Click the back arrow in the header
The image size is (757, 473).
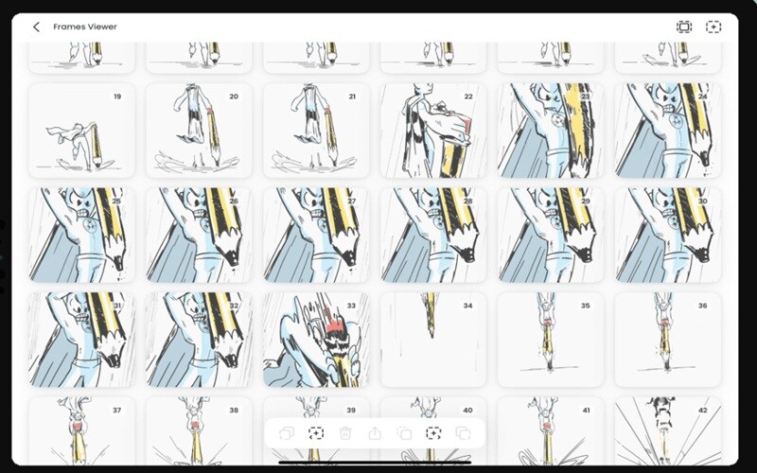point(36,26)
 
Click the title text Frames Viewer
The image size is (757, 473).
point(85,26)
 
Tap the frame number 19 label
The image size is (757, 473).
point(117,96)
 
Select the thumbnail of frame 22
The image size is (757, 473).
point(433,131)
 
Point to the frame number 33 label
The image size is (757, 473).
point(351,306)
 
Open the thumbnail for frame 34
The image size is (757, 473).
point(433,340)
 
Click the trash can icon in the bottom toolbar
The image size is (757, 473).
point(345,433)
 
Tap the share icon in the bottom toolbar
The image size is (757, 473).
point(375,433)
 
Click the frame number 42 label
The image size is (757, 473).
point(702,411)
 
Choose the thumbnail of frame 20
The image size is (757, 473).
point(199,131)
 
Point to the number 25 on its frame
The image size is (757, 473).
point(116,201)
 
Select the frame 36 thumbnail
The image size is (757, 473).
point(668,340)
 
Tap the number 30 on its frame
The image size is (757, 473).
point(702,201)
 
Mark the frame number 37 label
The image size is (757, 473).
point(116,411)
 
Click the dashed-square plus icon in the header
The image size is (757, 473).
point(713,27)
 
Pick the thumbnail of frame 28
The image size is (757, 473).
point(433,235)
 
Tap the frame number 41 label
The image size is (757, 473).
point(586,411)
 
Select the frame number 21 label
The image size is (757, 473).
point(352,96)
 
